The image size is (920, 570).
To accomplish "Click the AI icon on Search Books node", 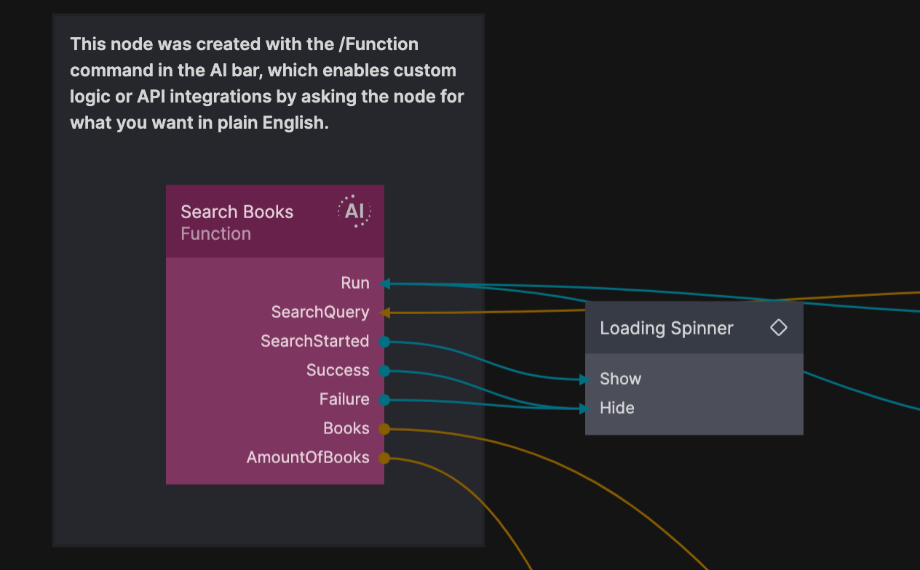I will coord(354,212).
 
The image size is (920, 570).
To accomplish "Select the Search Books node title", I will coord(237,212).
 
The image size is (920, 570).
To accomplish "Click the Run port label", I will coord(355,283).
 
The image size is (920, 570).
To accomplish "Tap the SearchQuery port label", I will coord(320,312).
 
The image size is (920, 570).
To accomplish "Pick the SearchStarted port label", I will coord(314,341).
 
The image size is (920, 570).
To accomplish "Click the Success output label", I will coord(338,370).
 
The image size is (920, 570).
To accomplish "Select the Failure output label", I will coord(344,399).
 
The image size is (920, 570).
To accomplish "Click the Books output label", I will coord(346,428).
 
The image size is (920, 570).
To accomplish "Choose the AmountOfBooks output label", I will coord(308,457).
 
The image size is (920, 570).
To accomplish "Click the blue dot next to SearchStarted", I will coord(384,342).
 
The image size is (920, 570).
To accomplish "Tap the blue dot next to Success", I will coord(384,371).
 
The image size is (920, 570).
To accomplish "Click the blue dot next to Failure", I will coord(384,400).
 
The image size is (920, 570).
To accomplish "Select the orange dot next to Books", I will coord(384,429).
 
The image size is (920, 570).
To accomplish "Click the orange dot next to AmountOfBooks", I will coord(384,458).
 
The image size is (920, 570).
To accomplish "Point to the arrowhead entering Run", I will coord(386,284).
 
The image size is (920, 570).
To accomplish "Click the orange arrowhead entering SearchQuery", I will coord(386,313).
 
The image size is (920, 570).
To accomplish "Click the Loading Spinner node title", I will coord(666,328).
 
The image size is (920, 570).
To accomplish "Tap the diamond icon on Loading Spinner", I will coord(779,328).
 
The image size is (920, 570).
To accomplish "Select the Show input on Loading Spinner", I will coord(620,379).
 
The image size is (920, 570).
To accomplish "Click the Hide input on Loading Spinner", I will coord(616,408).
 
